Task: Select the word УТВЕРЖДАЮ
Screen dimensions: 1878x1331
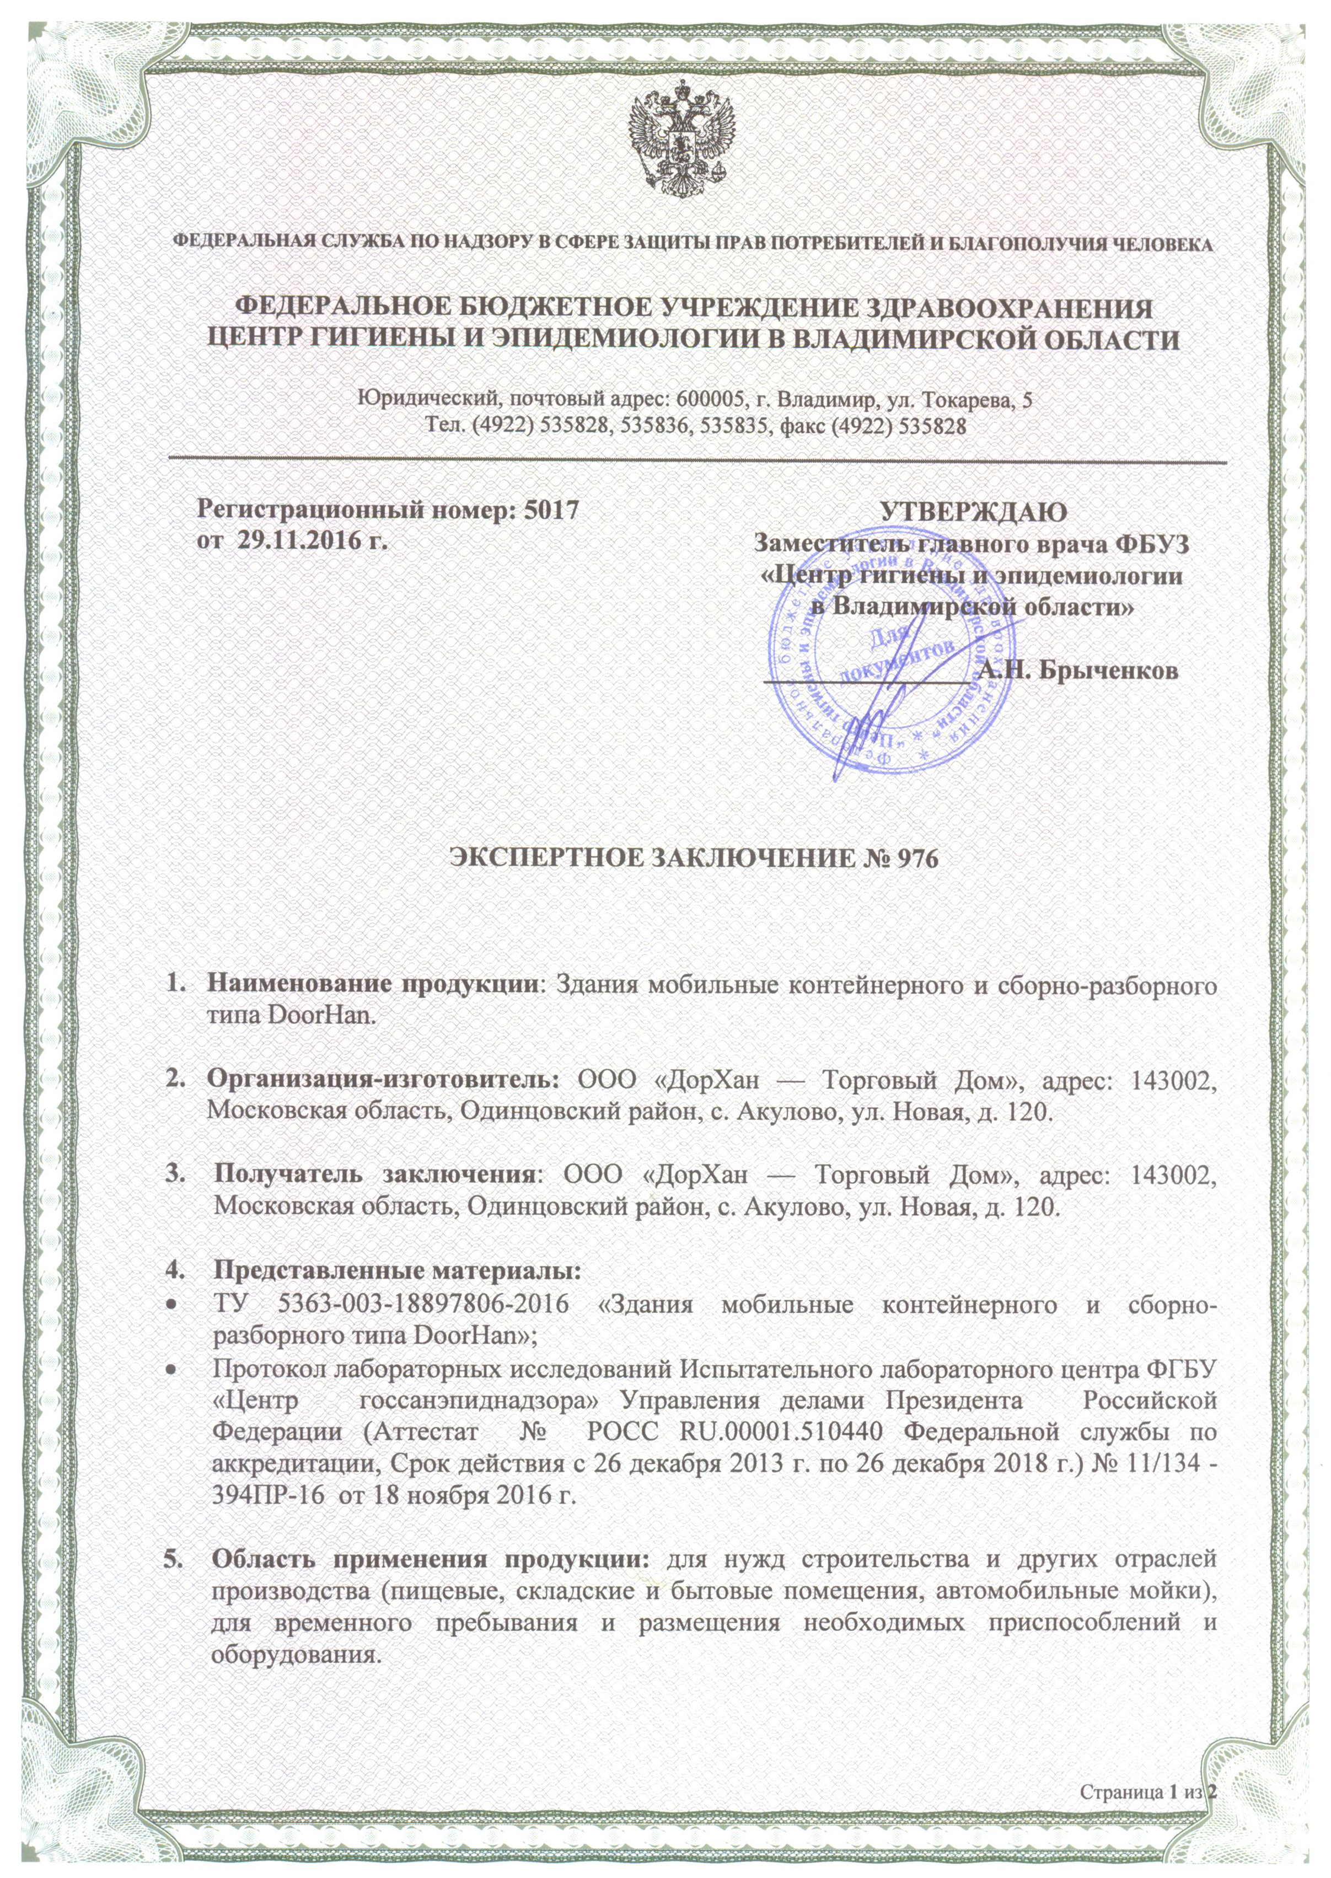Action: point(973,511)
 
